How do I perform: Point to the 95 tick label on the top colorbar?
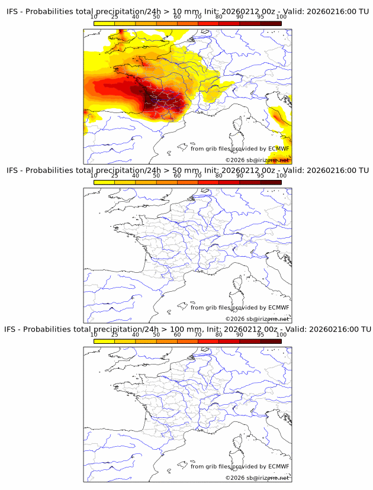click(261, 17)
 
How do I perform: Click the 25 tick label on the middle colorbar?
click(115, 176)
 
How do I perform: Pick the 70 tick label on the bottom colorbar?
click(198, 334)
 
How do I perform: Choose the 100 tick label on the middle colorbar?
click(281, 176)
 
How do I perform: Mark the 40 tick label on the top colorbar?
click(136, 17)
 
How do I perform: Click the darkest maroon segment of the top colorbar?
click(271, 23)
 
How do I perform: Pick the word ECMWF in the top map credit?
click(278, 149)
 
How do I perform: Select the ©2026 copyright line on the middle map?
click(257, 319)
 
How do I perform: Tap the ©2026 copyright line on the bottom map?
click(257, 478)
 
